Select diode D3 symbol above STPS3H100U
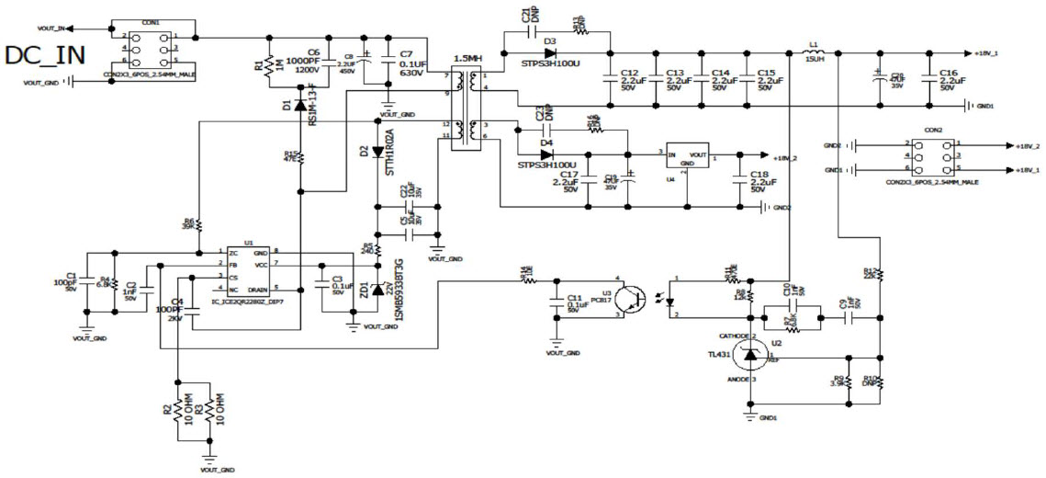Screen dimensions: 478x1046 click(x=550, y=52)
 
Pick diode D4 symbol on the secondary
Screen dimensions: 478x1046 click(x=547, y=154)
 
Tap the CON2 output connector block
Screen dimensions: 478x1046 click(x=931, y=156)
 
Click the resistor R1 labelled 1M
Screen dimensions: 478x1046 click(x=267, y=69)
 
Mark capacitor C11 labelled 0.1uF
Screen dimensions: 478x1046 click(x=556, y=302)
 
